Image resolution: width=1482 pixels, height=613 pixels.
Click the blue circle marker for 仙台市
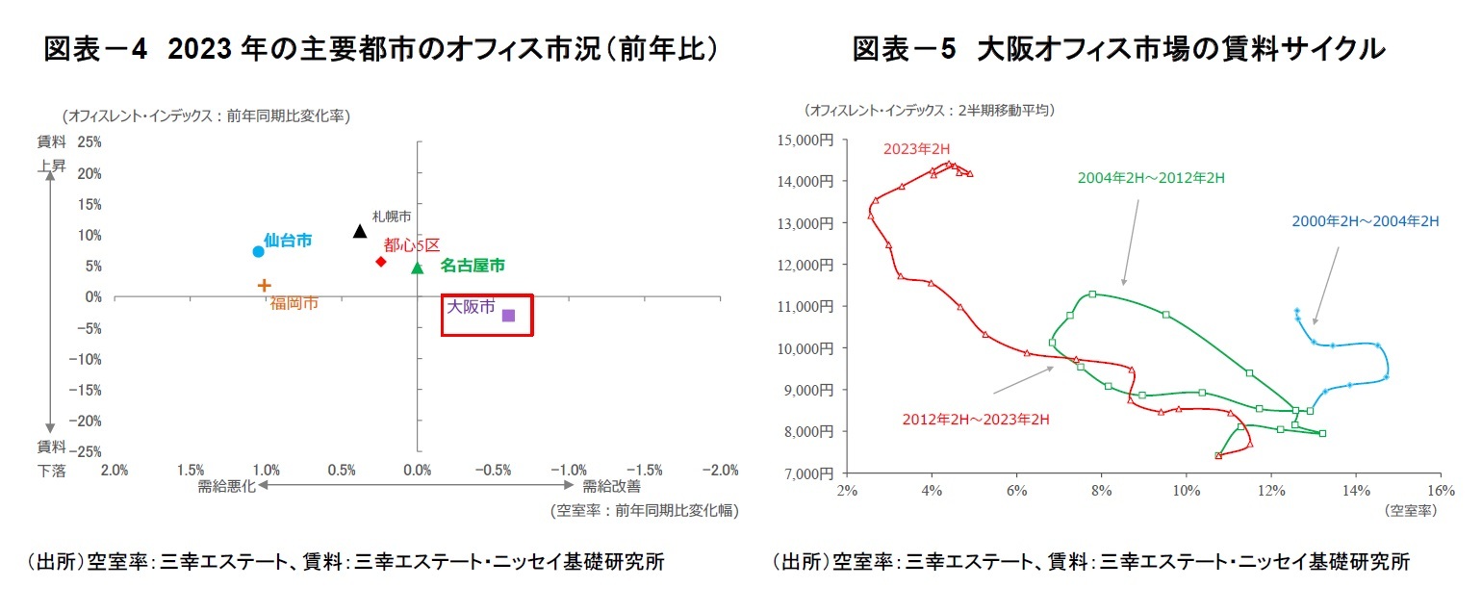point(258,251)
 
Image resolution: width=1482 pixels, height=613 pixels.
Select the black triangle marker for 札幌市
point(360,231)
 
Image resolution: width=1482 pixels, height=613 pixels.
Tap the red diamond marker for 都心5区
point(381,261)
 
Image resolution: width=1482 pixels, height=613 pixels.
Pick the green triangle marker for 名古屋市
point(417,268)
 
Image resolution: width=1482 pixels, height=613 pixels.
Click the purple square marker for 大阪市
point(508,315)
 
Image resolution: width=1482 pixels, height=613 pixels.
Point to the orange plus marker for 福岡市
point(265,285)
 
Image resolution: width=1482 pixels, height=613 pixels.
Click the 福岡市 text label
point(294,303)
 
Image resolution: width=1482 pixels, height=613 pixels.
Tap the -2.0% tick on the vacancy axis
point(719,470)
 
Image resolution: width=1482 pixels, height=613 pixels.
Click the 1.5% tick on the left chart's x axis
point(190,470)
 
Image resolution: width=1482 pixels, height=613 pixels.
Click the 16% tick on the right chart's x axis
point(1439,491)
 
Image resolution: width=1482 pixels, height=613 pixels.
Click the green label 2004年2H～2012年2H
point(1150,178)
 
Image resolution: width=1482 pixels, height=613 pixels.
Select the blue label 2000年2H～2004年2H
point(1365,221)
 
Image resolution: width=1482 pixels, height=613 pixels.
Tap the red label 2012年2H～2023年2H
point(974,419)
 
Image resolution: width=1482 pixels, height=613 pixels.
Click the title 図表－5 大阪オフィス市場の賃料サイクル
point(1118,50)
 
